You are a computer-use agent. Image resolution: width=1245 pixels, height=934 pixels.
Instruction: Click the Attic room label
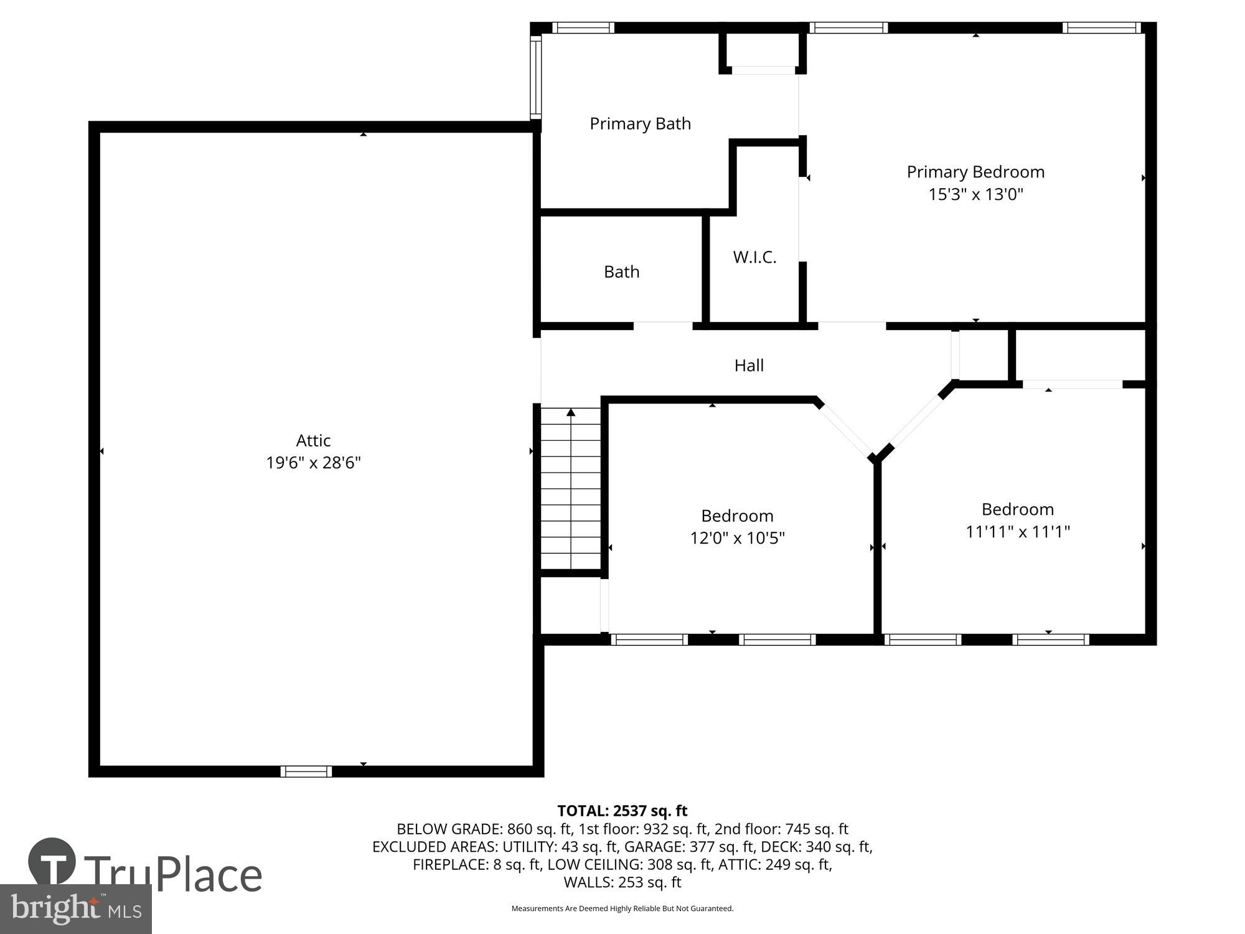point(313,440)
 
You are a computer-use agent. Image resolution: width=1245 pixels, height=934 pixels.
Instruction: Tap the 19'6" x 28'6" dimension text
point(313,463)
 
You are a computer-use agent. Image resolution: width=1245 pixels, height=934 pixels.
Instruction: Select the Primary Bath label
point(640,123)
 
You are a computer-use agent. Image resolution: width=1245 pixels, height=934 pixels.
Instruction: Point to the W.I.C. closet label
point(754,257)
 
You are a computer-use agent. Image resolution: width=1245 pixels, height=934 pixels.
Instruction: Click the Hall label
point(749,366)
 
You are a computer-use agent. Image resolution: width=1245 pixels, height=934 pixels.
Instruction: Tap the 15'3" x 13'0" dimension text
point(975,194)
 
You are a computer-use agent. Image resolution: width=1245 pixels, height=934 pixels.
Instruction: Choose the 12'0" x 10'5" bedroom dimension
point(737,538)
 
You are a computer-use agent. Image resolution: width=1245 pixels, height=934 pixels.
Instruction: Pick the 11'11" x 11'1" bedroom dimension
point(1017,532)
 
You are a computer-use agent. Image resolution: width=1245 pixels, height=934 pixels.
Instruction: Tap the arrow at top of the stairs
point(571,412)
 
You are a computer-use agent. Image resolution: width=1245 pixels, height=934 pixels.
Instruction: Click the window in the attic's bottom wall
point(306,771)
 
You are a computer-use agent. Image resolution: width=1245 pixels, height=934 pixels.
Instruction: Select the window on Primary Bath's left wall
point(535,77)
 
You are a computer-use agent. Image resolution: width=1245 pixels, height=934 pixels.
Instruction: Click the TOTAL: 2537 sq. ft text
point(622,811)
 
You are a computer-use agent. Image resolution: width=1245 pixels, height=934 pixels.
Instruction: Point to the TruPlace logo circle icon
point(52,862)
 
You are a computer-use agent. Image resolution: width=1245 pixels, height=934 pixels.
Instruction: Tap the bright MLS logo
point(75,909)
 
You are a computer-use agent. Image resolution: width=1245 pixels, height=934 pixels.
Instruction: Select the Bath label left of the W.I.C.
point(621,271)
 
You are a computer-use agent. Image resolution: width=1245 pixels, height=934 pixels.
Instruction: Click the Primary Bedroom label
point(975,172)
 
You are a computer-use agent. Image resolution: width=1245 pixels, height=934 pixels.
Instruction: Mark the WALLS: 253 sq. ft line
point(622,882)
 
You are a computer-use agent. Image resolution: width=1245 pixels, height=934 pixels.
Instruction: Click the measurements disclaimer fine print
point(622,908)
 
